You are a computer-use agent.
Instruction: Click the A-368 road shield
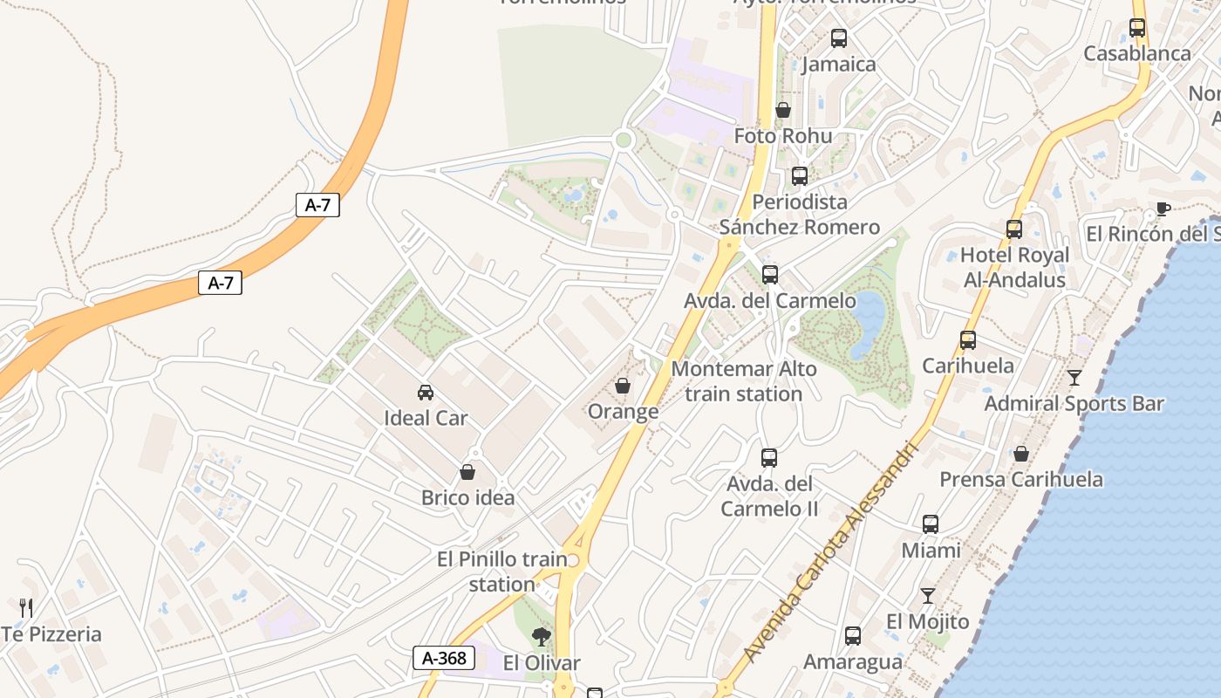444,658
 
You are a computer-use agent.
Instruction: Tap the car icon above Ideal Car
426,393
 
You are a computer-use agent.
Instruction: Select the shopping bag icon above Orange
623,386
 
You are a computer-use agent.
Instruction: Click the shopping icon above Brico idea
467,473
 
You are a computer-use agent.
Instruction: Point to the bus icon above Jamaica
838,38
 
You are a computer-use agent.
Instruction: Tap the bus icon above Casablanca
1137,28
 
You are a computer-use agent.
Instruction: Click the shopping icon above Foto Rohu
783,111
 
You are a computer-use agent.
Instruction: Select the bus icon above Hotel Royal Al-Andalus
1014,229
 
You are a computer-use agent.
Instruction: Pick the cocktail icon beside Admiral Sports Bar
1074,378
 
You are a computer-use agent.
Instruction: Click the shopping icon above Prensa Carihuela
1021,454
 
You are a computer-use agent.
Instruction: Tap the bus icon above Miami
931,524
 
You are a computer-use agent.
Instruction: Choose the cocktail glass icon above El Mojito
927,596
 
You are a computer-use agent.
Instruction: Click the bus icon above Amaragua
853,636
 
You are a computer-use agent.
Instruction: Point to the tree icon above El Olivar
542,637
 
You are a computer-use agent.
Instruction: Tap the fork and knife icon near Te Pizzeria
26,607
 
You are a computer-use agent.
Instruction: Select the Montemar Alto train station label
743,381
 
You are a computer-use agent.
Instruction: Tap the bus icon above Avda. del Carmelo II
769,458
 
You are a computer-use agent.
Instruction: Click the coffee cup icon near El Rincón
1163,208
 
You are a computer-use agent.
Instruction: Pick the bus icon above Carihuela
968,340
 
